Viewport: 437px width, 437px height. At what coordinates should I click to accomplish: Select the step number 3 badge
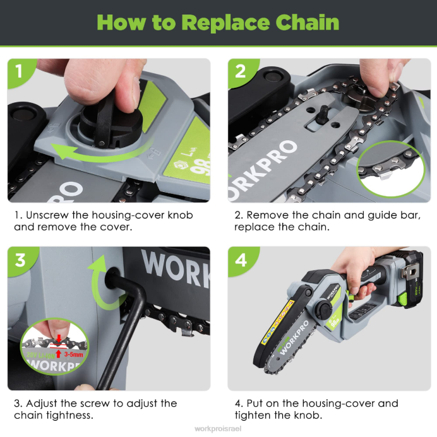19,259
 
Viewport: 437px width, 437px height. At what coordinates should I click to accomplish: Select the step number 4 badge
241,259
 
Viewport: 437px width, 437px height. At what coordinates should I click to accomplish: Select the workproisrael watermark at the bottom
218,428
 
